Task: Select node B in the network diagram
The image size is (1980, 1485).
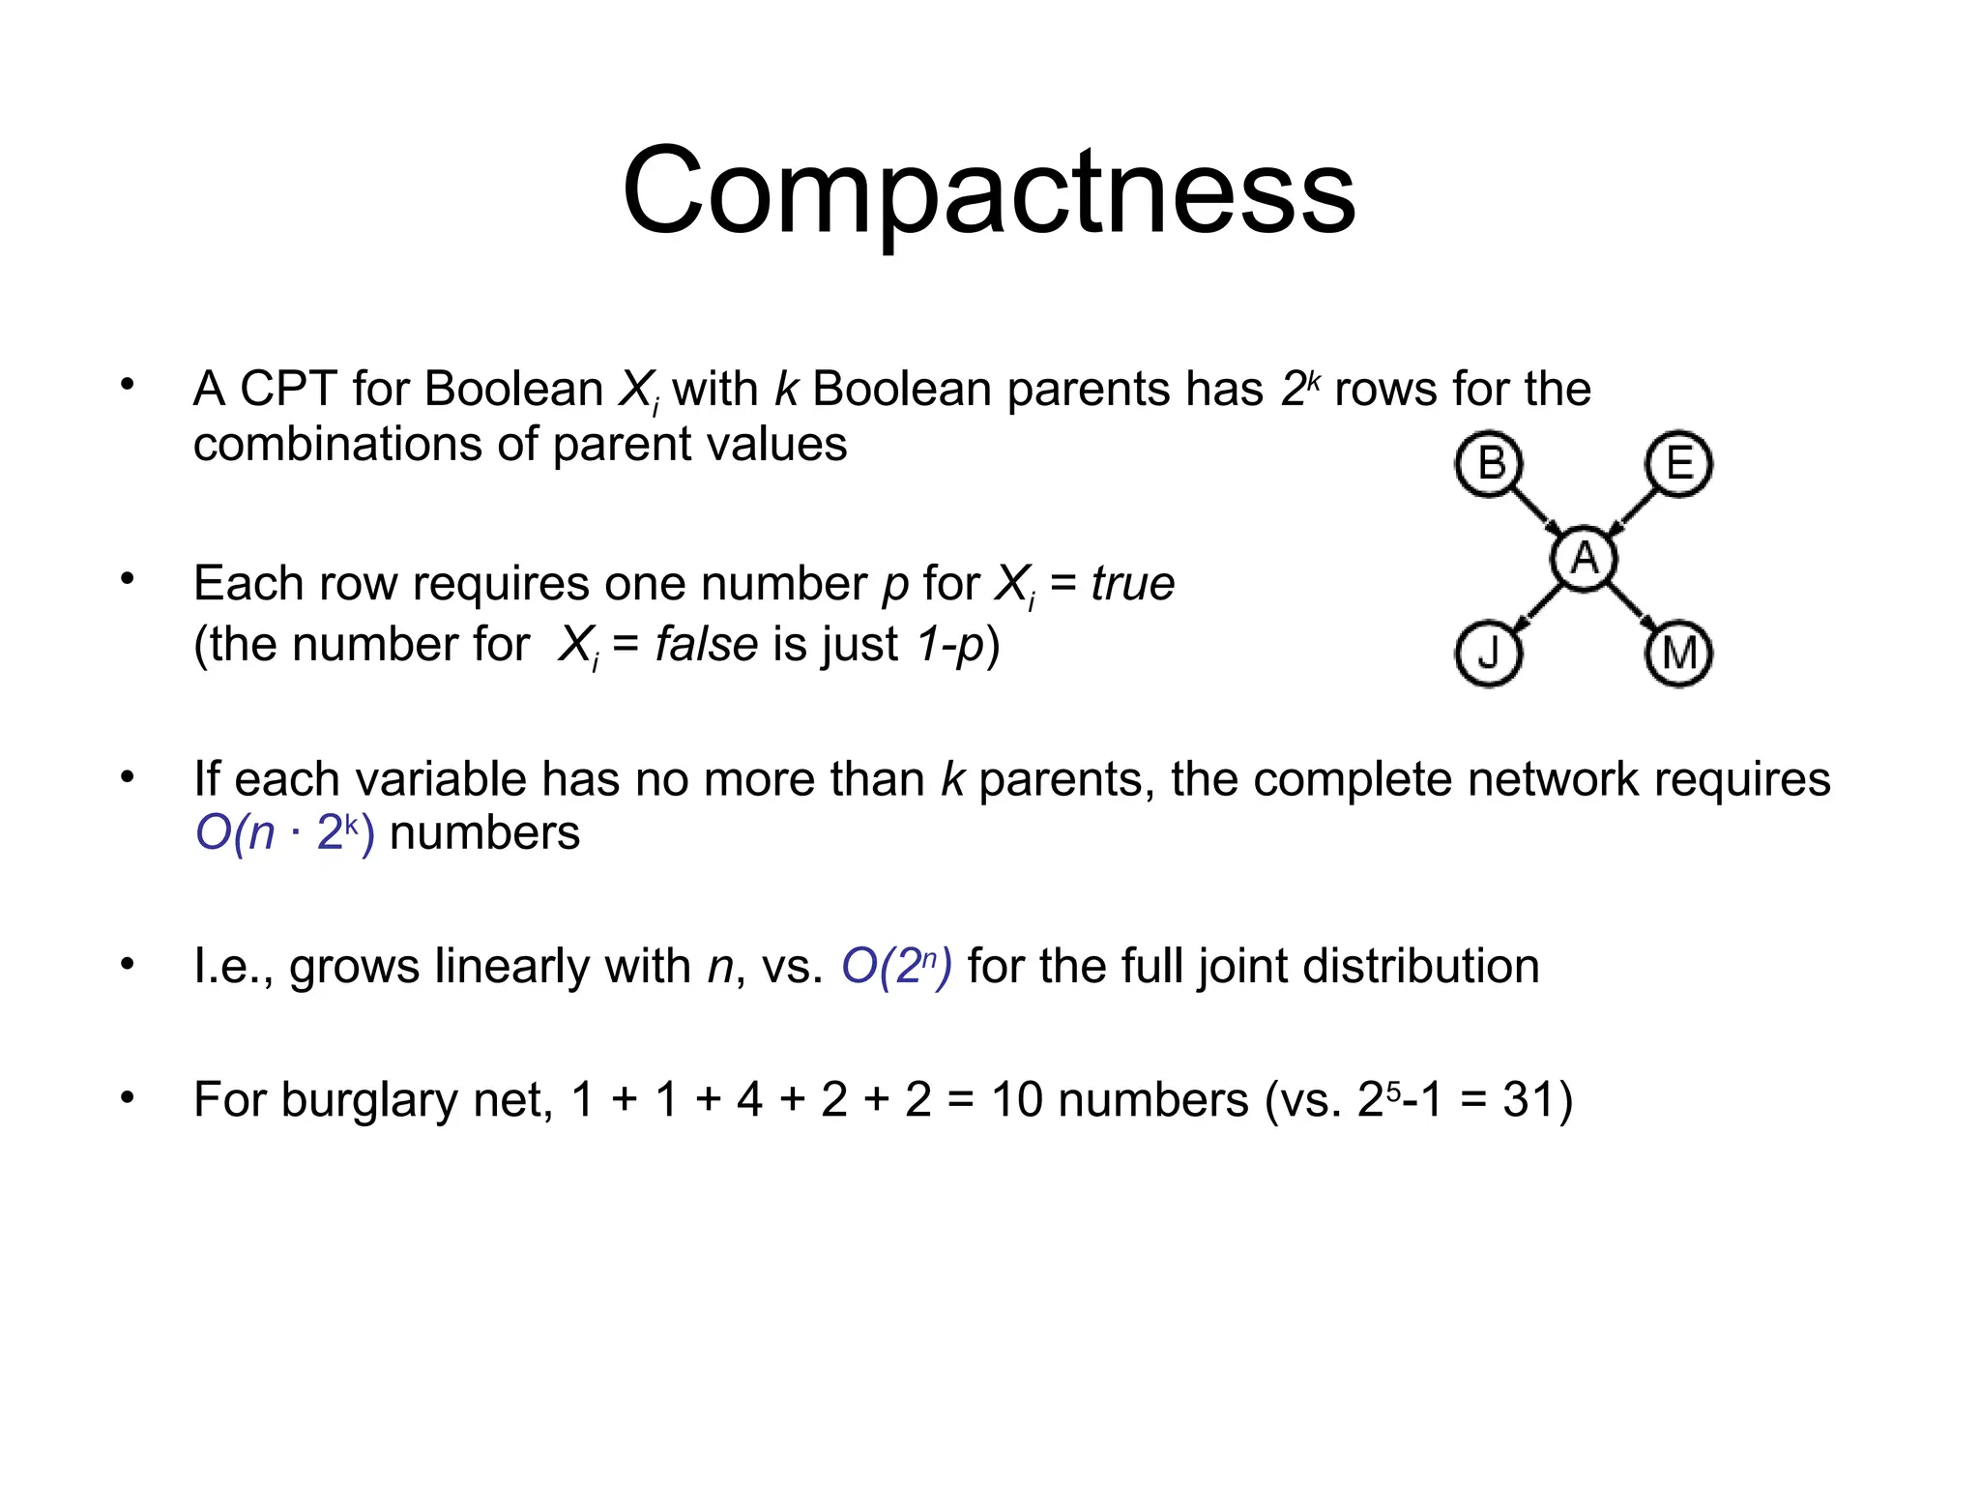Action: pos(1489,464)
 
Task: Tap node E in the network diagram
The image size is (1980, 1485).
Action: pos(1679,464)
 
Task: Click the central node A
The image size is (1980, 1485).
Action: pos(1585,558)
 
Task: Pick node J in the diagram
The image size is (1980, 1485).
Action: pos(1489,655)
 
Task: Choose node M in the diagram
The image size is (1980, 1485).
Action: pos(1679,655)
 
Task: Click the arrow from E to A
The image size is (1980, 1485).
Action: pos(1633,510)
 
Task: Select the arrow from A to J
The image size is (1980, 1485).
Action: pos(1538,606)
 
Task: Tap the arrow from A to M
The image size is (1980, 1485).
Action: pos(1632,606)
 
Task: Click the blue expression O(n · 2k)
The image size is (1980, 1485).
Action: pos(284,832)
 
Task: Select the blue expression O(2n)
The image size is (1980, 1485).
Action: pos(896,966)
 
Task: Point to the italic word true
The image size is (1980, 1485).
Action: pos(1132,583)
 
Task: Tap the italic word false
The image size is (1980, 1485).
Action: pos(706,644)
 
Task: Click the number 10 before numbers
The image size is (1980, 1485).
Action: pos(1017,1099)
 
